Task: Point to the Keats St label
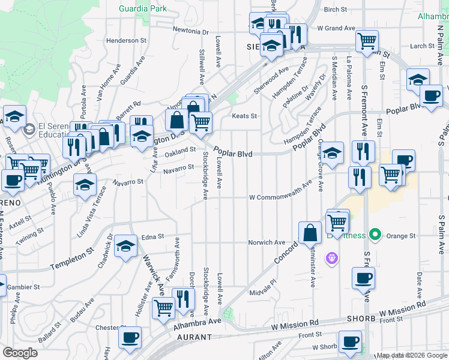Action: (245, 116)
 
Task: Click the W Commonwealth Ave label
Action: (280, 197)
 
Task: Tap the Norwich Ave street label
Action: (267, 242)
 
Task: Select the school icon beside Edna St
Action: (125, 245)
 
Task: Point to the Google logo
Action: (19, 353)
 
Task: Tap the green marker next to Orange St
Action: (376, 234)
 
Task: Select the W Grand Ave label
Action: (337, 28)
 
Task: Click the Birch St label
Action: (335, 9)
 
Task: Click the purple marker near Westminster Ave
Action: (332, 259)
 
